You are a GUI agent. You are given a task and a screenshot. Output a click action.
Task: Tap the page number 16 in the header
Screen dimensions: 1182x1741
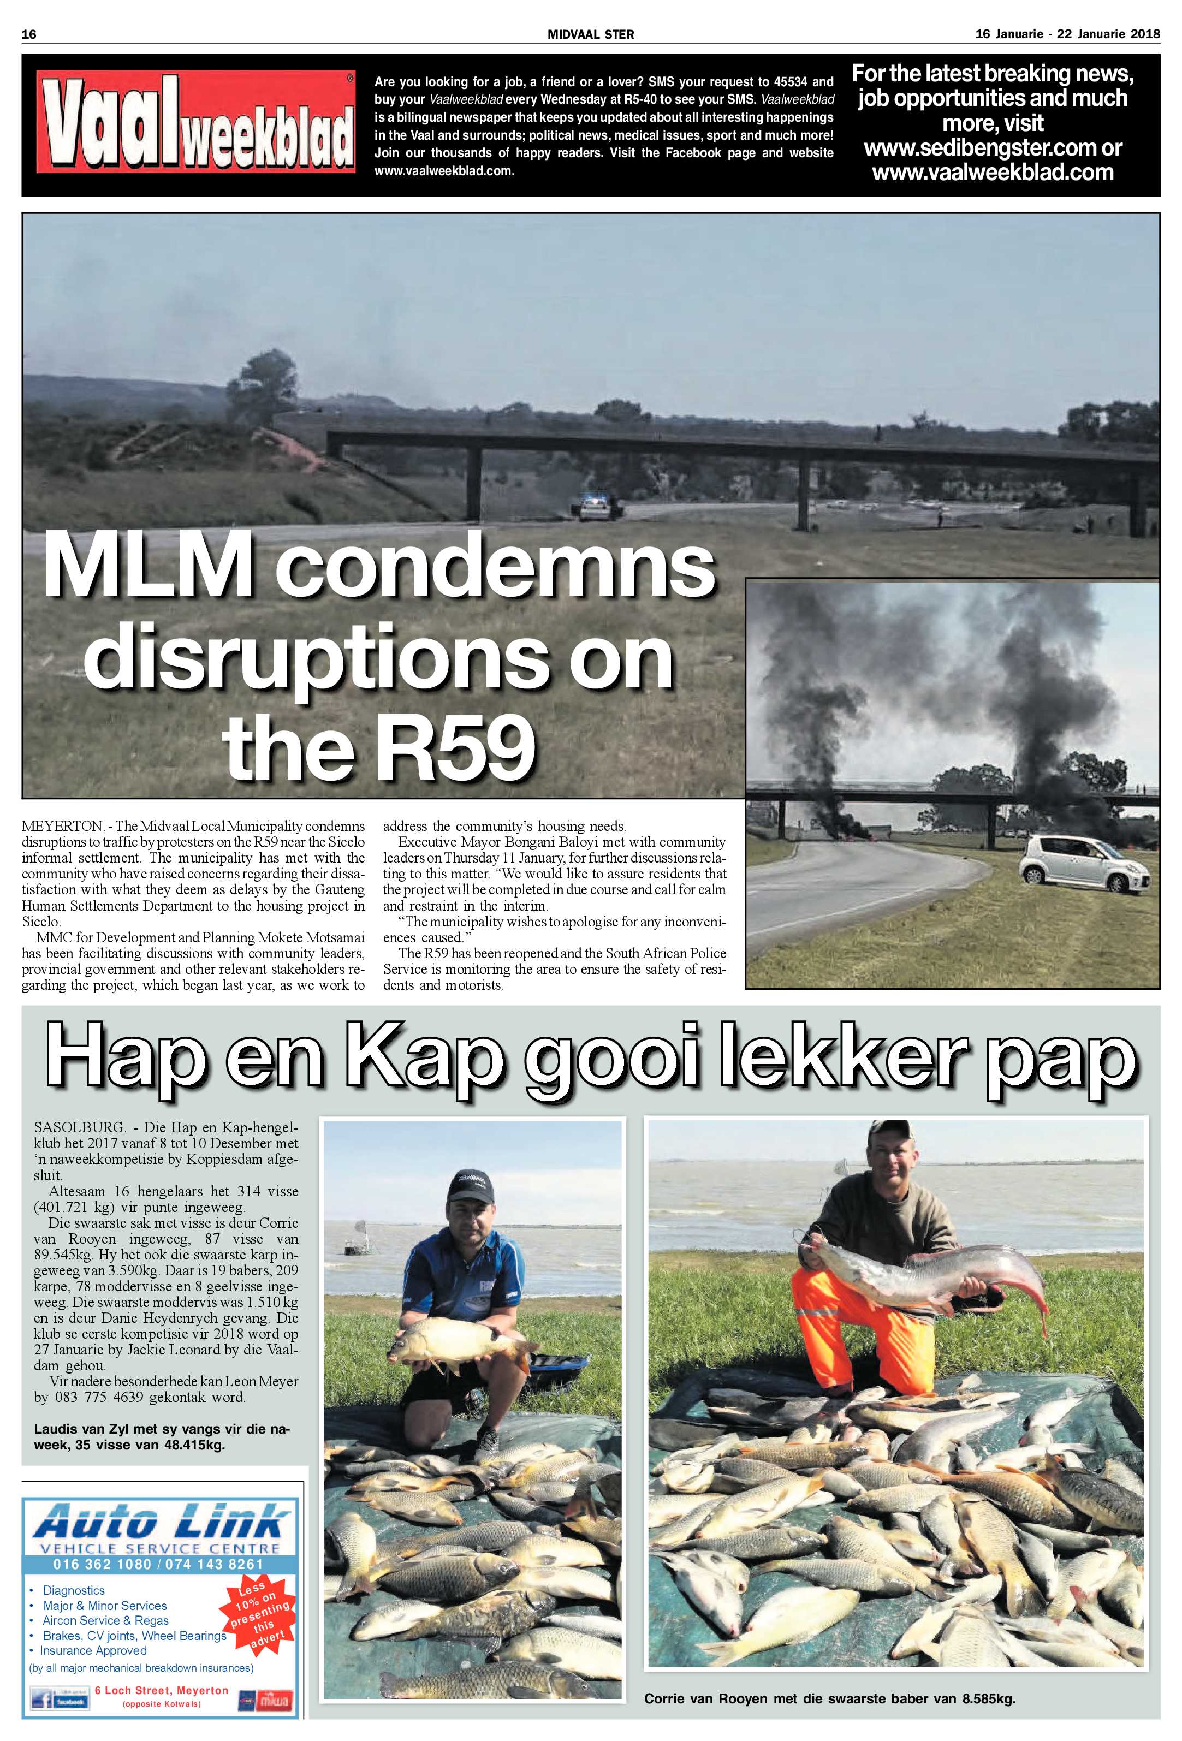29,34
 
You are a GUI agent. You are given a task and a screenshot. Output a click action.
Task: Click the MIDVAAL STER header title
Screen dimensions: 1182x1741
590,34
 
